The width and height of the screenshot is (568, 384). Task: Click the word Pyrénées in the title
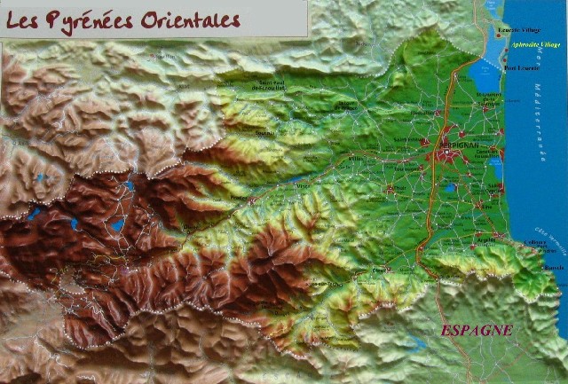(94, 19)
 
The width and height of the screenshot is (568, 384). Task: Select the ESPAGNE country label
(477, 330)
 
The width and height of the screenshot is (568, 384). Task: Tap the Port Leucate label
(520, 67)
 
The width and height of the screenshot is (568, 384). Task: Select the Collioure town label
(534, 241)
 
